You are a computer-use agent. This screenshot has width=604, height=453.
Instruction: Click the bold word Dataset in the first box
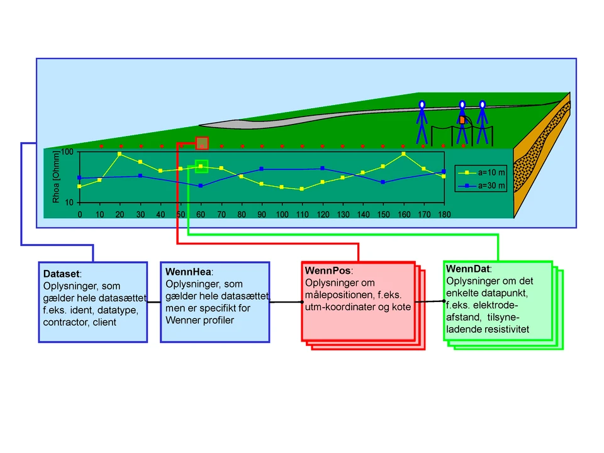pyautogui.click(x=61, y=274)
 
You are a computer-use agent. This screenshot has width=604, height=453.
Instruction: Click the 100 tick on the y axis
pyautogui.click(x=67, y=152)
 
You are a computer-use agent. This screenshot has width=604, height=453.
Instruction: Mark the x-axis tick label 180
pyautogui.click(x=444, y=215)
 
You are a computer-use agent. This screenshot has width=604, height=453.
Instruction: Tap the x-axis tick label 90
pyautogui.click(x=262, y=215)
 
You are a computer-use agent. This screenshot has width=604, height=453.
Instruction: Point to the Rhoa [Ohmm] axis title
pyautogui.click(x=55, y=177)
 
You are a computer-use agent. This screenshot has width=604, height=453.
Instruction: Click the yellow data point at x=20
pyautogui.click(x=120, y=154)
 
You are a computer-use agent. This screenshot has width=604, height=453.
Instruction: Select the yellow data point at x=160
pyautogui.click(x=403, y=154)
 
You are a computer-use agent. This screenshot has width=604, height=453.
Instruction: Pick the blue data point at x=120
pyautogui.click(x=322, y=168)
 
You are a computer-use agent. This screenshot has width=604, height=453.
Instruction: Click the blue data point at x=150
pyautogui.click(x=383, y=182)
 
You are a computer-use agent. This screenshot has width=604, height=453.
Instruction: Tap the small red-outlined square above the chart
pyautogui.click(x=202, y=143)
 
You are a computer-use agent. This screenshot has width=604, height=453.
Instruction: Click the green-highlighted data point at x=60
pyautogui.click(x=201, y=166)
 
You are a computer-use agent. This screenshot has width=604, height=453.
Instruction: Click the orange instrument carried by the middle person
pyautogui.click(x=462, y=120)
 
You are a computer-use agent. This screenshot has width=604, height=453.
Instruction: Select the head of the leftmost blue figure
pyautogui.click(x=422, y=104)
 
